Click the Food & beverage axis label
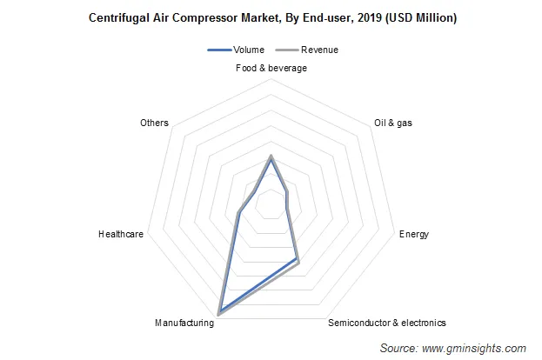tap(271, 68)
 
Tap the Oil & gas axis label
tap(392, 123)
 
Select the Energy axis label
tap(413, 234)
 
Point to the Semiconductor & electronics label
tap(387, 323)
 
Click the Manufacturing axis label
tap(184, 323)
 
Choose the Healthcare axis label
tap(121, 234)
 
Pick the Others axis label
tap(154, 123)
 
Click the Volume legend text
tap(250, 50)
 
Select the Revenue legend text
tap(319, 50)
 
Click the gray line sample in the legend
tap(287, 50)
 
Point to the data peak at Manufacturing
tap(219, 312)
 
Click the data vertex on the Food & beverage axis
tap(271, 157)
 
